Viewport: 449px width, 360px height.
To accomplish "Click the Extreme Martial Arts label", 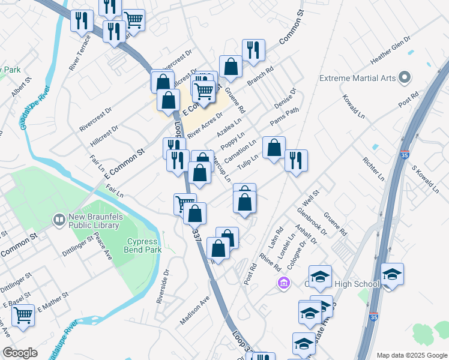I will coord(358,78).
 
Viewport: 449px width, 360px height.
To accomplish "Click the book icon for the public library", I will coord(59,220).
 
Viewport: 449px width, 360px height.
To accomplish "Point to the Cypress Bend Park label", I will coord(143,245).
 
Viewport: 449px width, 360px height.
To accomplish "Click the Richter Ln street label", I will coord(372,170).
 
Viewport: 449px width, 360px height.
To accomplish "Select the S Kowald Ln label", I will coord(424,177).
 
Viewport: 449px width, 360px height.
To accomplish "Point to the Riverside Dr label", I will coord(161,286).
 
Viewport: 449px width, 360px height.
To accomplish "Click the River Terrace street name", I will coord(80,52).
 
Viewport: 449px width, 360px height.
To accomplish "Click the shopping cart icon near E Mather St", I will coord(23,314).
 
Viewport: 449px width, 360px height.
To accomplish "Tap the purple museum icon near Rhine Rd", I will coord(283,283).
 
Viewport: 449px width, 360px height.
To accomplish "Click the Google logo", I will coord(20,353).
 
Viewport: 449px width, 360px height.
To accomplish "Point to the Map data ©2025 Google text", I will coord(411,355).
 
